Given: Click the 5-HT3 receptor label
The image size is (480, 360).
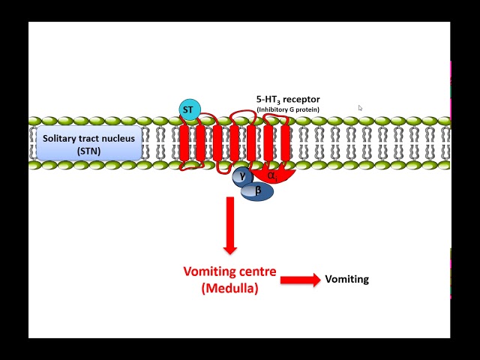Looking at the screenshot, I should tap(288, 100).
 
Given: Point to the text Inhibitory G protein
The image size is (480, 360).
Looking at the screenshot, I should tap(288, 110).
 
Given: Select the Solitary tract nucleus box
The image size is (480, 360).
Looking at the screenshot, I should tap(88, 144).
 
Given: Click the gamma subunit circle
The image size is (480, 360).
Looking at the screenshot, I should tap(242, 176).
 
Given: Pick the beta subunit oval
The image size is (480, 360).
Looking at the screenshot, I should tap(258, 191).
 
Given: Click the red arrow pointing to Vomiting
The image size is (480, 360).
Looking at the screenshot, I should tap(300, 280).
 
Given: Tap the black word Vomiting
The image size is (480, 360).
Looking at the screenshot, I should tap(346, 279).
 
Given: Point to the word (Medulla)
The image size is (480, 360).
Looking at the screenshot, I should tap(229, 287).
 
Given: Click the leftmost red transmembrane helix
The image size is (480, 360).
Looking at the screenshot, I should tap(184, 142).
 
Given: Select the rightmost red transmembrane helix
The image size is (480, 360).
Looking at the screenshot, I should tap(285, 142).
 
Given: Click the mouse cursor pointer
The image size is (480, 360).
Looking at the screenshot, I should tap(360, 108).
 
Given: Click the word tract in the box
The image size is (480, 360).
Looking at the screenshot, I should tap(90, 138).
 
